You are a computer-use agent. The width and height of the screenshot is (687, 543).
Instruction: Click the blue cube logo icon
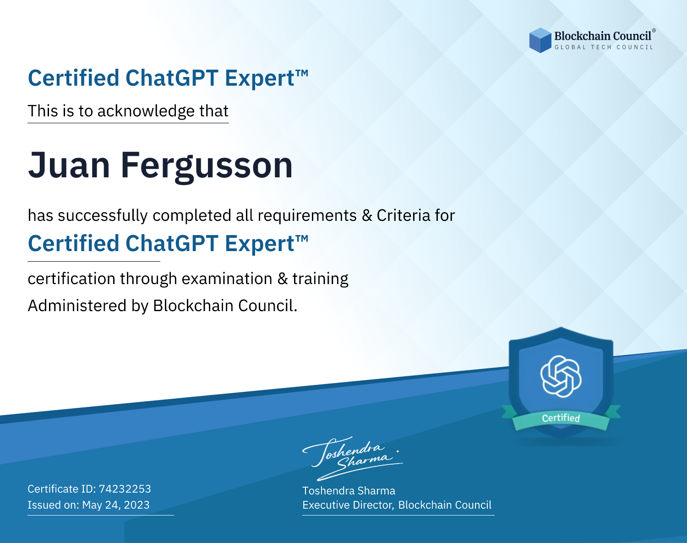pos(540,40)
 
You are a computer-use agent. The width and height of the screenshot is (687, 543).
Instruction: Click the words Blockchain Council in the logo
pos(603,36)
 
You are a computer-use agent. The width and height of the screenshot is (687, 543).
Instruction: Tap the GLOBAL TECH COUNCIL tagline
pos(604,47)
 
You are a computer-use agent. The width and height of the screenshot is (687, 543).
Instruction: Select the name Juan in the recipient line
pos(69,165)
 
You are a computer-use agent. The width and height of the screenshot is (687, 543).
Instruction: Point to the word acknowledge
pos(146,111)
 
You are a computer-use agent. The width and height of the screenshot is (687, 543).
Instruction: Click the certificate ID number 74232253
pos(125,488)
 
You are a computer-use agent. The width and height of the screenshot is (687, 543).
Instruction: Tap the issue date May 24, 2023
pos(116,505)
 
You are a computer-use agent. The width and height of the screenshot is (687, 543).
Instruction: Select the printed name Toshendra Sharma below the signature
pos(349,491)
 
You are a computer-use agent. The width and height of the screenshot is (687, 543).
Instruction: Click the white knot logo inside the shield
pos(561,376)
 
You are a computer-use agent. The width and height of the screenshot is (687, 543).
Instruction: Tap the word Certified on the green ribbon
pos(561,418)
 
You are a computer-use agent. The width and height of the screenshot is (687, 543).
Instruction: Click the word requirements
pos(307,216)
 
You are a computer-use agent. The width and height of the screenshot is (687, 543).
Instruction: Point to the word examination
pos(227,279)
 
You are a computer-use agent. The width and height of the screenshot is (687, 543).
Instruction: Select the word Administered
pos(77,306)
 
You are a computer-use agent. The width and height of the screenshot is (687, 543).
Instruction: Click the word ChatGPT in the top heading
pos(172,78)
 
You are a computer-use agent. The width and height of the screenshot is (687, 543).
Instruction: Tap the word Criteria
pos(403,215)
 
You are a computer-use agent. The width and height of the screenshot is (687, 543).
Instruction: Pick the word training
pos(321,279)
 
